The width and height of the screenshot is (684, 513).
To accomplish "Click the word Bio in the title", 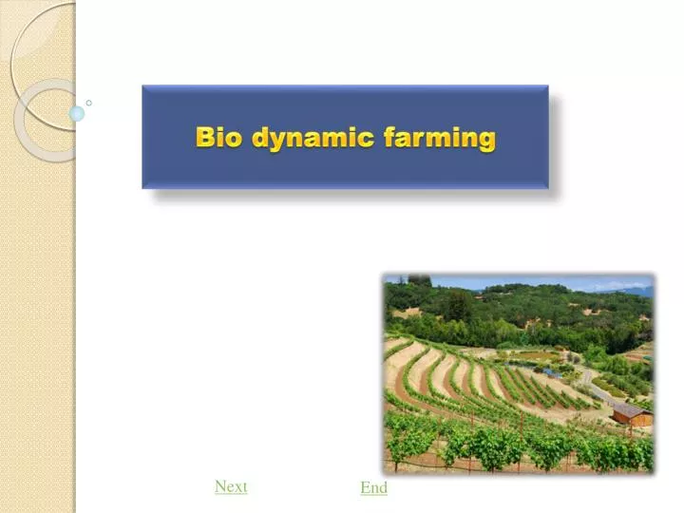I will tap(218, 138).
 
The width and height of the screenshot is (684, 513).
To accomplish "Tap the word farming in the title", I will tap(440, 139).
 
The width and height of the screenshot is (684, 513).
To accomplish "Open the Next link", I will tap(231, 486).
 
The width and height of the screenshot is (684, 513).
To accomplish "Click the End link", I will tap(373, 487).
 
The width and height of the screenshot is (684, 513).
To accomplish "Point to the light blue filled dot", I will tap(77, 113).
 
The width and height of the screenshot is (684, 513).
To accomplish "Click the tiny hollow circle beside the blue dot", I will tap(88, 103).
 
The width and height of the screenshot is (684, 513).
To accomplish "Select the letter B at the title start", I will tap(204, 138).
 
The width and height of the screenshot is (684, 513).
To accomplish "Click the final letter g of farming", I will tap(486, 141).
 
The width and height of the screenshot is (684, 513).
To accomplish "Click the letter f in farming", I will tap(389, 138).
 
